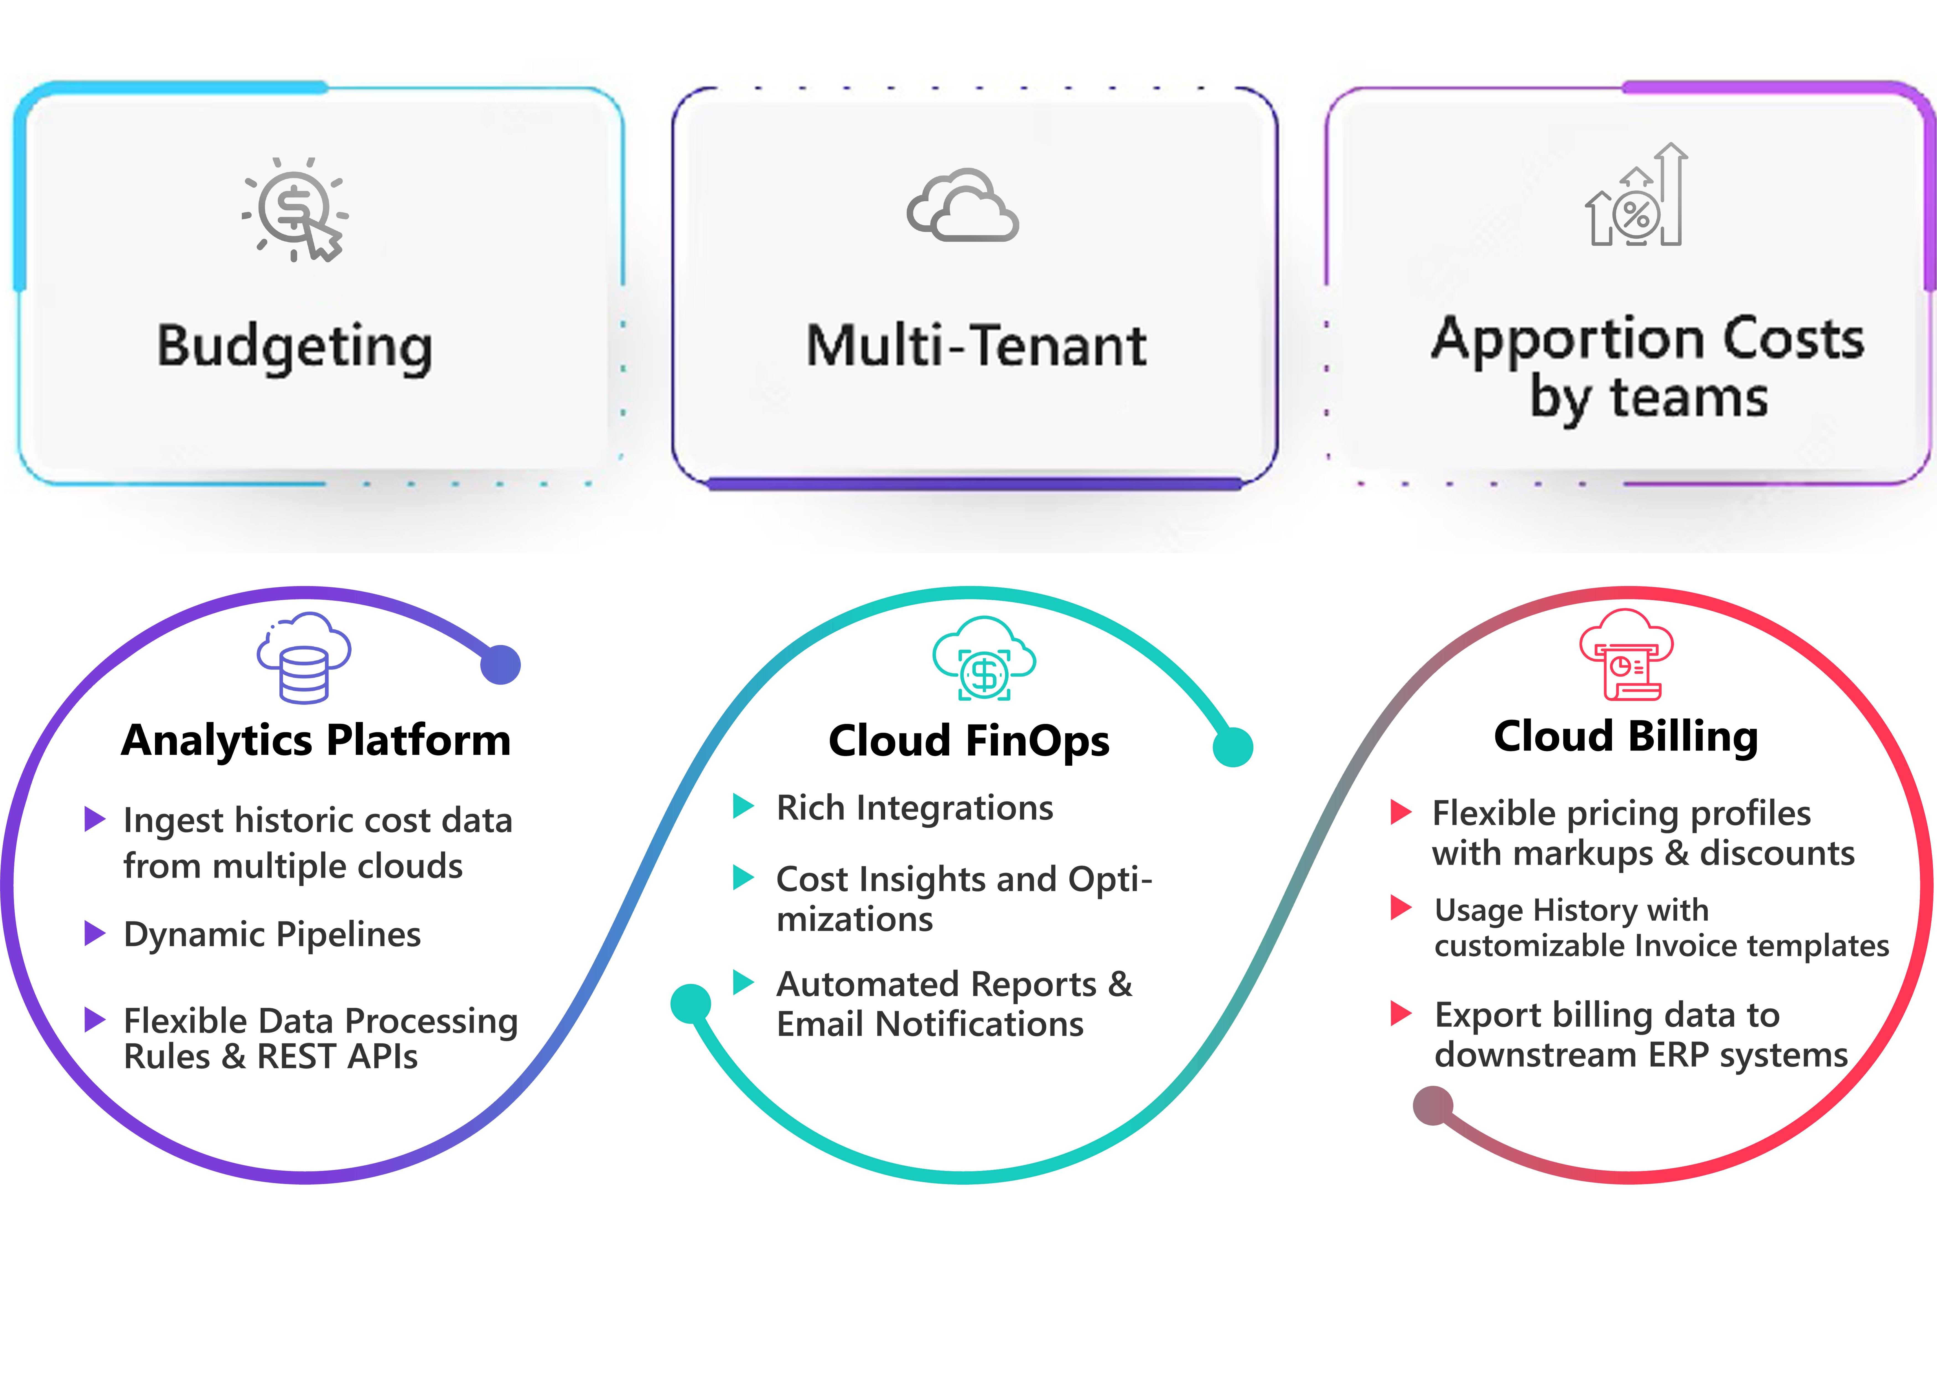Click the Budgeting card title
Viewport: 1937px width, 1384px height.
[295, 348]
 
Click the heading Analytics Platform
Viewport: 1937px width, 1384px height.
[316, 740]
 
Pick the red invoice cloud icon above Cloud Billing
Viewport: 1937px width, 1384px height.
[1626, 655]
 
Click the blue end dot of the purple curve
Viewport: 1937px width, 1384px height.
[501, 665]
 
